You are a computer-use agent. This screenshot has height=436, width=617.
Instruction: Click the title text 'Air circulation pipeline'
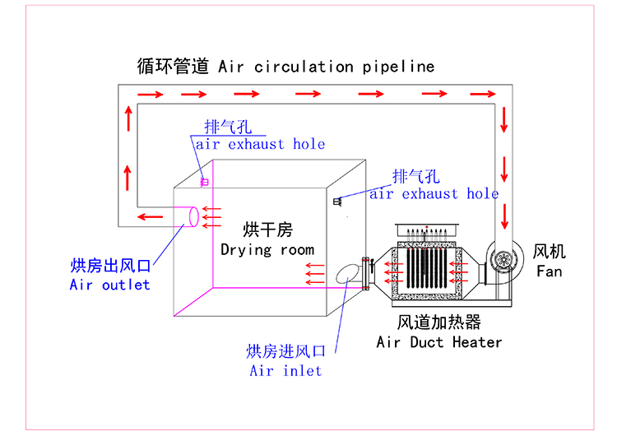tap(326, 67)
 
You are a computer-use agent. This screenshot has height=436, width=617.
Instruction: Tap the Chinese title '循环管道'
tap(174, 67)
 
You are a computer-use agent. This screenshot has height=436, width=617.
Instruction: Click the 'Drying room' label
tap(267, 248)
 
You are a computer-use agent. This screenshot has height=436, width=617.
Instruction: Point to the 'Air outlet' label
tap(110, 285)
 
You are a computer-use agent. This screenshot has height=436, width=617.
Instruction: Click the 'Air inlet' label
tap(285, 370)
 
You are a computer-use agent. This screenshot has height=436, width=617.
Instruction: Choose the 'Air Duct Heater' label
tap(438, 341)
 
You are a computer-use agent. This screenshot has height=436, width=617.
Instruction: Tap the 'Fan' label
tap(549, 271)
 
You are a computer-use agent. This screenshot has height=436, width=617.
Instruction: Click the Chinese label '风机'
tap(550, 251)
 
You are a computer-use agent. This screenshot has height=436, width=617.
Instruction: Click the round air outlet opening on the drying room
tap(193, 216)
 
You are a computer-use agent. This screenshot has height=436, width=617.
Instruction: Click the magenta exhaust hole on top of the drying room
tap(203, 181)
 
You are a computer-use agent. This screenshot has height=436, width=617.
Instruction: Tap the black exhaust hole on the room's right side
tap(337, 202)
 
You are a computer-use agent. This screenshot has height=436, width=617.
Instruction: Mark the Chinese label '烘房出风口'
tap(110, 265)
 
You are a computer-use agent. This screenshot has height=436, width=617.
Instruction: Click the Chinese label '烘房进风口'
tap(285, 351)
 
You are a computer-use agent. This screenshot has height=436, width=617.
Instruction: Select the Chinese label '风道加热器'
tap(438, 322)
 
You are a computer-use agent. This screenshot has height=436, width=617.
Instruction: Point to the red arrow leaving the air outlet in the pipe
tap(150, 217)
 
